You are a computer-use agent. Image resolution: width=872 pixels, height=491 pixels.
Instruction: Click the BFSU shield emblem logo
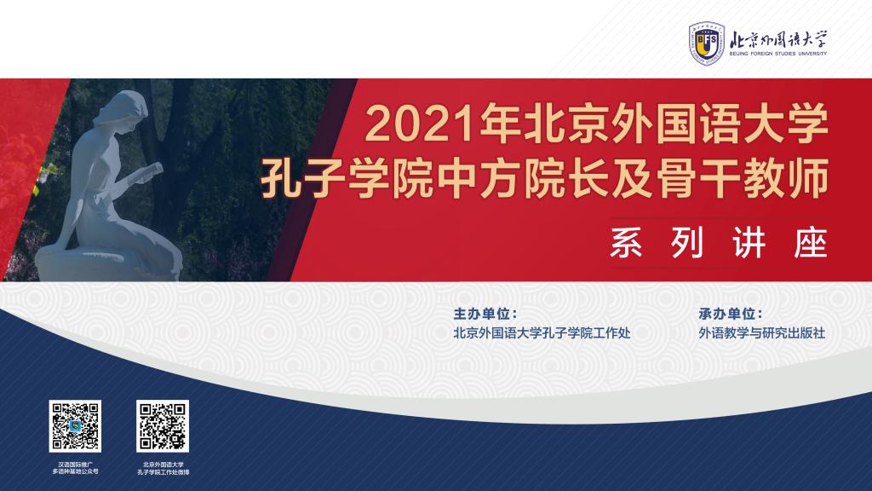pos(706,43)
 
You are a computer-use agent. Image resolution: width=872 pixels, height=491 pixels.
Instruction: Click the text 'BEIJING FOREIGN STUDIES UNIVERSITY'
pos(778,54)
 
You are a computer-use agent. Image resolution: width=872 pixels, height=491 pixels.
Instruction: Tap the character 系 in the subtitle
pos(627,242)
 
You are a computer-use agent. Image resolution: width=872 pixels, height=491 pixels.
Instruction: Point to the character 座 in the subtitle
pos(811,242)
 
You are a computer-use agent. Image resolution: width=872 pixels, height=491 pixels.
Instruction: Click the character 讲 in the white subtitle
pos(749,242)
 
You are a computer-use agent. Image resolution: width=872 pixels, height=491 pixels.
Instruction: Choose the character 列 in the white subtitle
pos(688,242)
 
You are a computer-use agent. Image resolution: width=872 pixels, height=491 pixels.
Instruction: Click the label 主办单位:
pos(485,314)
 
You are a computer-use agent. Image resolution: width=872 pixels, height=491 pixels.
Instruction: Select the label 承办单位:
pos(730,314)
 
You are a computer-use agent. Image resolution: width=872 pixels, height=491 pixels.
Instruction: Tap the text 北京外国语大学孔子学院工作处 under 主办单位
pos(542,333)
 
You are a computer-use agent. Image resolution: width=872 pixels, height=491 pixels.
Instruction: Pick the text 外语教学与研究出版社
pos(762,333)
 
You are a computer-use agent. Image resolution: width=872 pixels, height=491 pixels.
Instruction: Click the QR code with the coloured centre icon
pos(75,426)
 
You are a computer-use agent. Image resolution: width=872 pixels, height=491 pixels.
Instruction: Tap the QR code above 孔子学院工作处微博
pos(163,426)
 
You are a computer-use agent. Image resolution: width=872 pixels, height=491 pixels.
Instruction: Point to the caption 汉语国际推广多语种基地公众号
pos(76,468)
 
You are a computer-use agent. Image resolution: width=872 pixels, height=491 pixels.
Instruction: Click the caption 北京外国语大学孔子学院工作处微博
pos(163,468)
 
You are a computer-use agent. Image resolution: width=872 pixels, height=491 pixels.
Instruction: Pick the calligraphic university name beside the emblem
pos(778,39)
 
